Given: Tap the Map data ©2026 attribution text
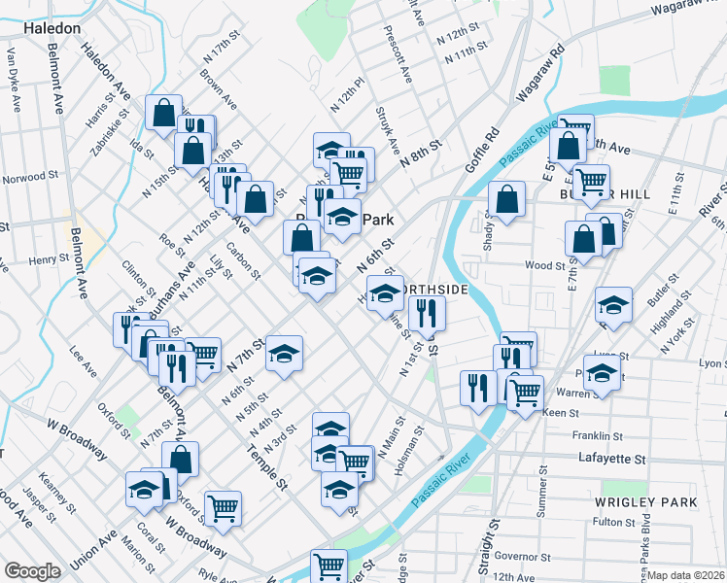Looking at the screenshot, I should pos(686,575).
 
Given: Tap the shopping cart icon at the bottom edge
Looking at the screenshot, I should pos(329,565).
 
